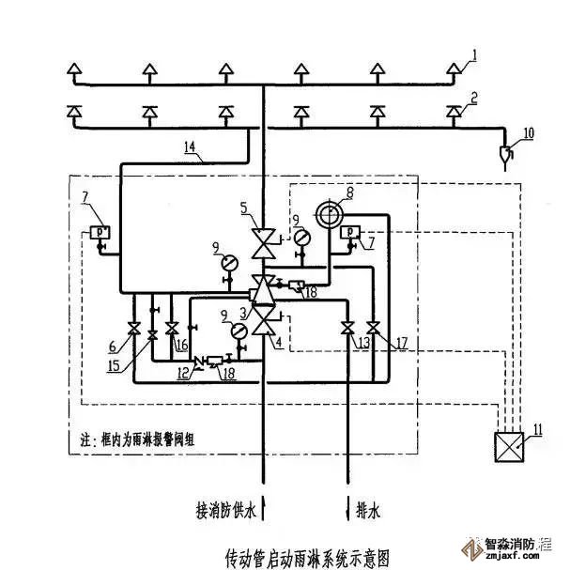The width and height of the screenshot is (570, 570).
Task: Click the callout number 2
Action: (x=475, y=96)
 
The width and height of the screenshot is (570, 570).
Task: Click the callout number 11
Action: (x=536, y=430)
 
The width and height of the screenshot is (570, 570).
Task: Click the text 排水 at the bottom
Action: (x=370, y=512)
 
